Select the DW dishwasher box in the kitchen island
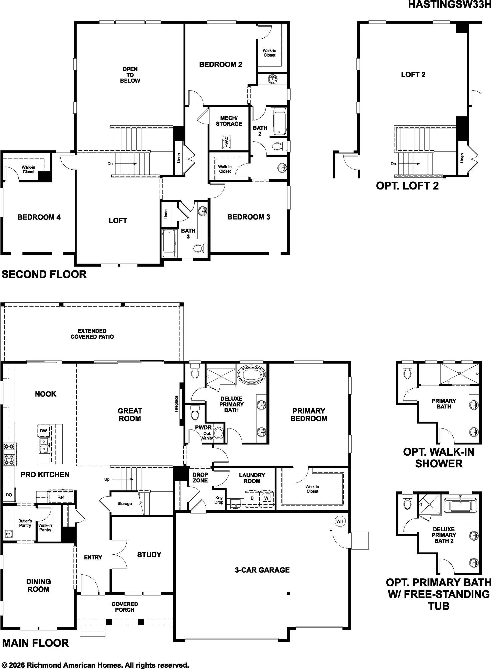(x=43, y=431)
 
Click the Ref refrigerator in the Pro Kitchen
(x=61, y=497)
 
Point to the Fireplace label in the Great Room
(x=176, y=404)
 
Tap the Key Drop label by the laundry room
(x=219, y=500)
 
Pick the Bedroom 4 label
(x=39, y=217)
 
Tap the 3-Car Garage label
(x=262, y=570)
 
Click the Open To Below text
(x=130, y=75)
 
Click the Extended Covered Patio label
(x=92, y=334)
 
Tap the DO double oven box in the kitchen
(x=9, y=495)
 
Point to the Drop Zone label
(x=200, y=478)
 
